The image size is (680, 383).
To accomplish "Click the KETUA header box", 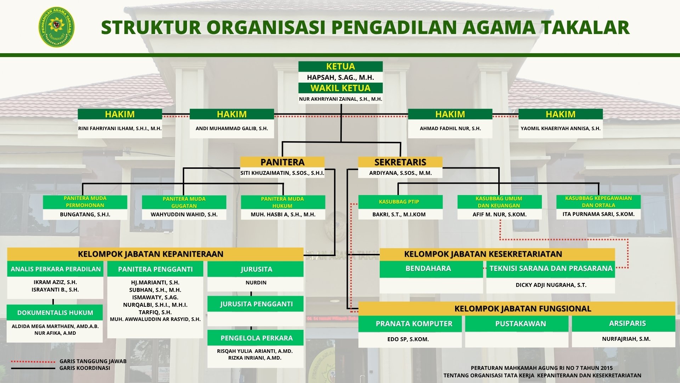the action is [340, 66].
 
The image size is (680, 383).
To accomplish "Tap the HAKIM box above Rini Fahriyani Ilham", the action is [120, 114].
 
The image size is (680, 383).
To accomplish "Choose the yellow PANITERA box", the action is [282, 162].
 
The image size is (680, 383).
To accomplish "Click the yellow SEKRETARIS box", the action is [400, 162].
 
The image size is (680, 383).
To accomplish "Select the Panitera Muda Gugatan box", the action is [184, 202].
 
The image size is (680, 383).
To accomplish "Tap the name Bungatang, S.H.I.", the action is [85, 215].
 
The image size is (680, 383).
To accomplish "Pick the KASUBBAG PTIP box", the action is [400, 202].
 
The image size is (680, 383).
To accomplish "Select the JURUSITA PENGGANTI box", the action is [255, 304].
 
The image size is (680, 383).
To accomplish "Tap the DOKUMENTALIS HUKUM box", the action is [55, 312].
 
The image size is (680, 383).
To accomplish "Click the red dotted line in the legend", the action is [33, 362].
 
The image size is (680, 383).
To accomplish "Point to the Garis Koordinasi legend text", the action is [85, 368].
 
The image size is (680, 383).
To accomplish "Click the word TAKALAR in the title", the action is [586, 28].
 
